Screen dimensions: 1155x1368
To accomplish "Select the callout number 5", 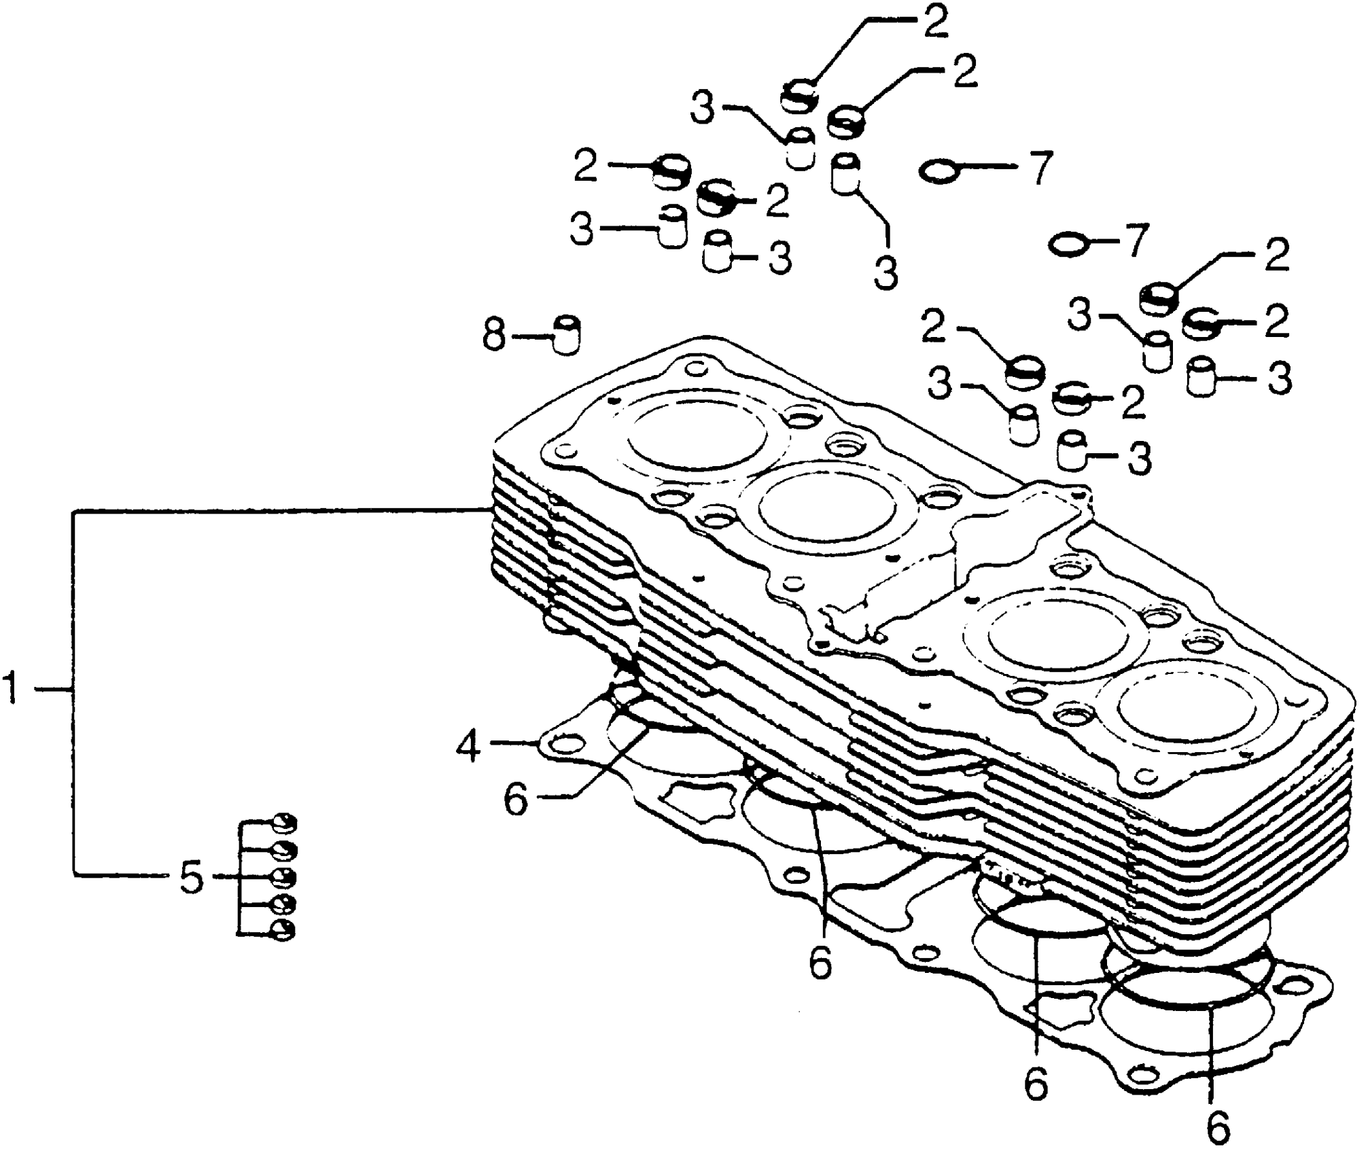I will point(191,878).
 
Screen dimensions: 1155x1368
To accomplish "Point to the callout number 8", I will point(495,335).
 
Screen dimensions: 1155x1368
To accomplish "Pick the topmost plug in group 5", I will point(284,823).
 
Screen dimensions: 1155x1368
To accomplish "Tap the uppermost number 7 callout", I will point(1037,168).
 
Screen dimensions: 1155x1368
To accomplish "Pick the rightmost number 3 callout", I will point(1278,380).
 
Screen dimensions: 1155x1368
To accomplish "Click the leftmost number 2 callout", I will point(585,166).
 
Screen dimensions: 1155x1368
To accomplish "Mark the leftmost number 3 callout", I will point(582,230).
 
